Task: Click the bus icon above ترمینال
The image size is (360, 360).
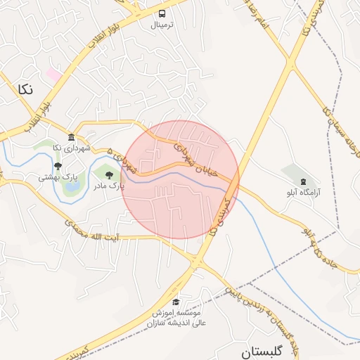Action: (x=163, y=14)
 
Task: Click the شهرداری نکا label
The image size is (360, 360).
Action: (x=71, y=148)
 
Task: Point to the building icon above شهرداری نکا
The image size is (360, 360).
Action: (x=71, y=137)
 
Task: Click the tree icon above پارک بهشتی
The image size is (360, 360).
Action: (x=58, y=167)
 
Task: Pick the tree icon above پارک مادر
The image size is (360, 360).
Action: (x=108, y=174)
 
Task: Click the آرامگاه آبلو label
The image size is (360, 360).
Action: (x=303, y=191)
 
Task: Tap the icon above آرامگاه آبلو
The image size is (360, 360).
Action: (x=303, y=181)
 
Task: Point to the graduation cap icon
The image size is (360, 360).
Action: (x=175, y=302)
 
